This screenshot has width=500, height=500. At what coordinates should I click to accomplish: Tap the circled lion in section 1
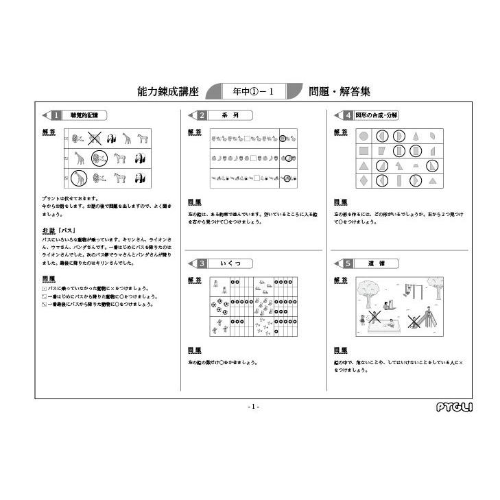99,159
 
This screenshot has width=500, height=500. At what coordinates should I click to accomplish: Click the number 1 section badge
55,115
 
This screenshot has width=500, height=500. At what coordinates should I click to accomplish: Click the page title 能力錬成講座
168,91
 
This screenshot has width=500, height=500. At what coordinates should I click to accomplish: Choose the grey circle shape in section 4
364,136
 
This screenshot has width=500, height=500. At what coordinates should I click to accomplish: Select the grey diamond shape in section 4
364,180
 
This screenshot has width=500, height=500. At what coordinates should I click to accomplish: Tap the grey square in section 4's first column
364,151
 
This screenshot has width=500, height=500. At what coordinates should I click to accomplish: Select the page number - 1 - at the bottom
253,407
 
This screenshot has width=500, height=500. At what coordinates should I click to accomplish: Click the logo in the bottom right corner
454,407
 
